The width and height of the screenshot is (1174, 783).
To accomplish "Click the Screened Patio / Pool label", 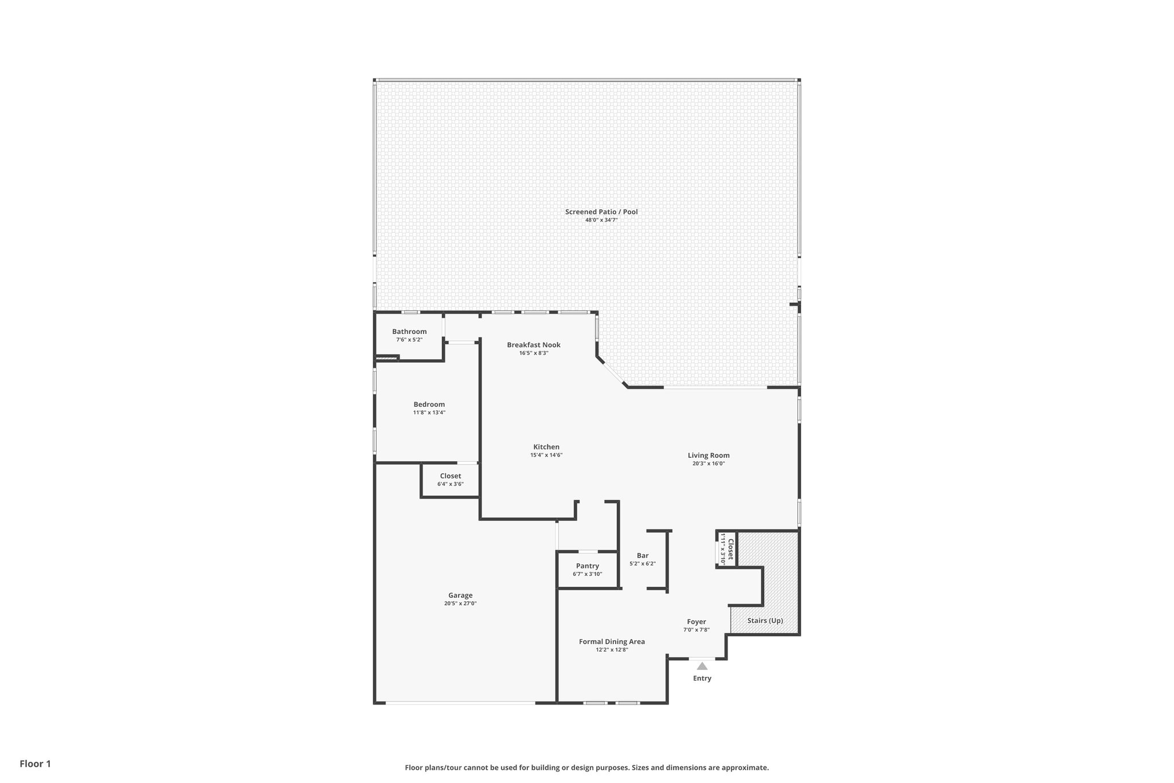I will point(601,212).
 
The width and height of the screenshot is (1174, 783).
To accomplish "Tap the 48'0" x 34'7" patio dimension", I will point(601,220).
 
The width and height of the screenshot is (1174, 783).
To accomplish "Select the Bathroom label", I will point(409,332).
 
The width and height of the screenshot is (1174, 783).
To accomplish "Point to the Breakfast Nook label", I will point(533,345).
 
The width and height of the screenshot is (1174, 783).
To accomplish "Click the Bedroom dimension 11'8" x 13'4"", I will point(429,412).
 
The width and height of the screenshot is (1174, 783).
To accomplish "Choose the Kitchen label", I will point(546,447).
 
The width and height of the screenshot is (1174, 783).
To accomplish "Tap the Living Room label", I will point(709,455).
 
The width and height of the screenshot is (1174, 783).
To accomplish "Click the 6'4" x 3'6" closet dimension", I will point(450,484).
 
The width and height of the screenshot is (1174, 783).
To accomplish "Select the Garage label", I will point(460,595).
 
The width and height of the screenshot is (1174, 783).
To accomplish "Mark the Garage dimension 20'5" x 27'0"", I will point(460,603).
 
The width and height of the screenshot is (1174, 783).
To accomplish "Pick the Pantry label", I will point(587,566).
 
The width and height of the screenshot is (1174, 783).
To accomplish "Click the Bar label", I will point(642,555).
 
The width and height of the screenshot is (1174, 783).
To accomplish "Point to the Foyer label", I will point(696,622).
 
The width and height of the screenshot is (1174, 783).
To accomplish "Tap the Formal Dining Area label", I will point(612,641).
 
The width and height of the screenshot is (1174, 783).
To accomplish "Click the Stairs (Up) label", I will point(765,621).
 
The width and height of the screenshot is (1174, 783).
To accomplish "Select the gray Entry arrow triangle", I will point(702,666).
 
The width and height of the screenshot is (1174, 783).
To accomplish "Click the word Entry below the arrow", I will point(702,678).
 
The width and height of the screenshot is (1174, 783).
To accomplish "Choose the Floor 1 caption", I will point(35,763).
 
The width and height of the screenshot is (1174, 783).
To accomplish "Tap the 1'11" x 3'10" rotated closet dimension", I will point(723,550).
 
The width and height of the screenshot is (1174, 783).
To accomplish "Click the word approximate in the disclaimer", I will point(744,768).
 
